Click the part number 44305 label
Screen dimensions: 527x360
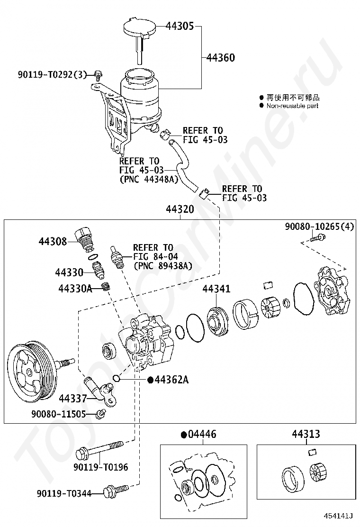(x=179, y=27)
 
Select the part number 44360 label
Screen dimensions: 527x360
(x=221, y=58)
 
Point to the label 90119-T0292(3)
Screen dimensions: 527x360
(x=52, y=74)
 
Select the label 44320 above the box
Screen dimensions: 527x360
(x=180, y=209)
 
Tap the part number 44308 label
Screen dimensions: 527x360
(x=53, y=241)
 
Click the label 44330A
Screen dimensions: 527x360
(x=75, y=288)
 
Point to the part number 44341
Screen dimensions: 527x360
(x=216, y=288)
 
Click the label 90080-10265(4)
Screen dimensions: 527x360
(x=319, y=227)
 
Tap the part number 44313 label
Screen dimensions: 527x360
(x=306, y=434)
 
